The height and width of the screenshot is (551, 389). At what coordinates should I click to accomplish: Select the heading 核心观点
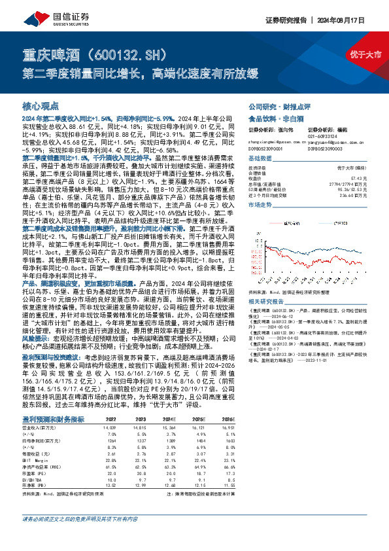41,105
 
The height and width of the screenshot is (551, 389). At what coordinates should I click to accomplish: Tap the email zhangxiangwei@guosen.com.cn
269,123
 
